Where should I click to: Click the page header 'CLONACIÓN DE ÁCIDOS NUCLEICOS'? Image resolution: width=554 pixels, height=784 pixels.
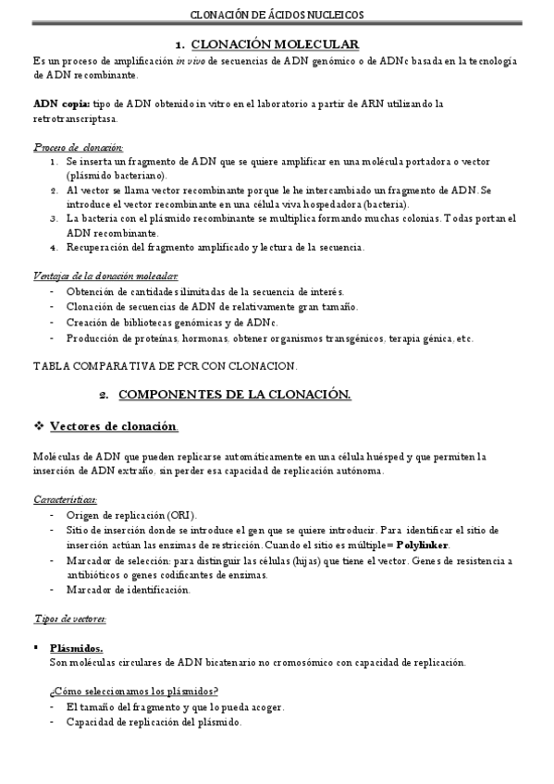(x=277, y=15)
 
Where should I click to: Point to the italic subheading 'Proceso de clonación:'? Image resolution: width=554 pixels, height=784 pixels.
(x=79, y=147)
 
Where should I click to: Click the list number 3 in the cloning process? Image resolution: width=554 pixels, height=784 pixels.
(x=55, y=219)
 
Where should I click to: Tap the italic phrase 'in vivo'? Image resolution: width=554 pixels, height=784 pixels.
(x=191, y=60)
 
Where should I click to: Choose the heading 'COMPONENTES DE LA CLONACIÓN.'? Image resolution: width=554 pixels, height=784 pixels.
(x=236, y=395)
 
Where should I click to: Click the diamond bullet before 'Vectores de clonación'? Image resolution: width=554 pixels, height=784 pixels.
(x=39, y=425)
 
